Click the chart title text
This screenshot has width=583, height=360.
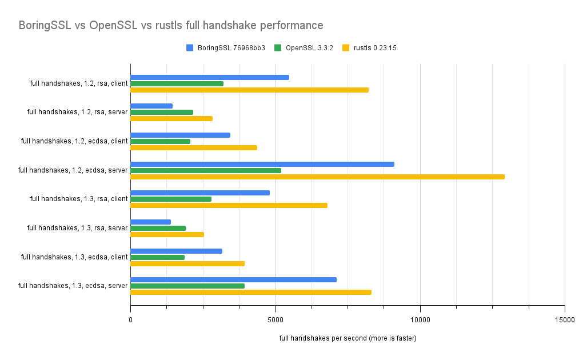tap(171, 25)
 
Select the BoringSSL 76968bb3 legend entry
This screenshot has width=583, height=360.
tap(225, 48)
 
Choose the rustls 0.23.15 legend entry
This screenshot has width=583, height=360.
tap(369, 48)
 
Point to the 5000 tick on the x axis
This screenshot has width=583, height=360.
tap(275, 320)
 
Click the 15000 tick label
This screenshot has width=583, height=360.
tap(565, 320)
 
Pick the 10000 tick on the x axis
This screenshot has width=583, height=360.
tap(420, 320)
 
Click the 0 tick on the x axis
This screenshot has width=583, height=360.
tap(130, 320)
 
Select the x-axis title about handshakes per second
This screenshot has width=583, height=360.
tap(348, 338)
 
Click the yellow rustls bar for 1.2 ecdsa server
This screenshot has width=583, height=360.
tap(317, 177)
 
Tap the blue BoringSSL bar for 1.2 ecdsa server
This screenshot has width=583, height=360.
tap(262, 164)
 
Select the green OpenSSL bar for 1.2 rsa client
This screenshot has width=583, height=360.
tap(177, 83)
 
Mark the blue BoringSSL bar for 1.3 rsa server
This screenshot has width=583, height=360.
tap(150, 222)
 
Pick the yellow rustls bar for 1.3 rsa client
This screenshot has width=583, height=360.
tap(229, 205)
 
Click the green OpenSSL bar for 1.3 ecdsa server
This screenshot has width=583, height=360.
tap(187, 286)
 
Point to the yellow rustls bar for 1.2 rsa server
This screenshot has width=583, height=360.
tap(171, 118)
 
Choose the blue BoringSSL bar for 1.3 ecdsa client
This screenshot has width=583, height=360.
tap(176, 251)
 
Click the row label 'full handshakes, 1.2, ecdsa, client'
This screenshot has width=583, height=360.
tap(74, 141)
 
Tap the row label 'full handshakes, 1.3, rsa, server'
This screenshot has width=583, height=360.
tap(77, 228)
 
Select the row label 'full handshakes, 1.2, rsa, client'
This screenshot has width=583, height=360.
tap(79, 83)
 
